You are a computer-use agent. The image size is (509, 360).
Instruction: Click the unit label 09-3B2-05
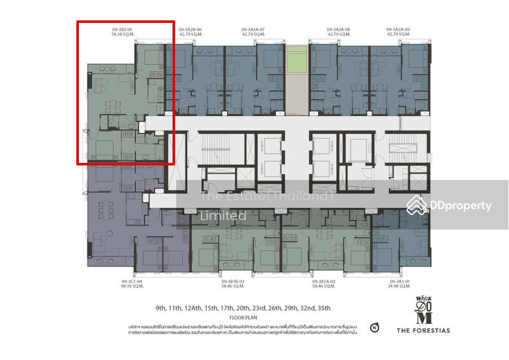click(x=122, y=29)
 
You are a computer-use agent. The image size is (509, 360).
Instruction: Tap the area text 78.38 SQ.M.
click(x=122, y=36)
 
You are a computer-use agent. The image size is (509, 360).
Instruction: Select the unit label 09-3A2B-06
click(x=190, y=29)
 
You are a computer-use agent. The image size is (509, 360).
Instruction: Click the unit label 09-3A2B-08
click(x=338, y=29)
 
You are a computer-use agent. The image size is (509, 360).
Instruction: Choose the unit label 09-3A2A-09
click(x=399, y=29)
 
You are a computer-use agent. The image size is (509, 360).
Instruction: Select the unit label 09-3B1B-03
click(x=233, y=280)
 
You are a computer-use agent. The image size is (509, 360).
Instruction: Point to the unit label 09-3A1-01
click(x=393, y=280)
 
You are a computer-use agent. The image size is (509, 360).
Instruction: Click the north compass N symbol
click(x=373, y=329)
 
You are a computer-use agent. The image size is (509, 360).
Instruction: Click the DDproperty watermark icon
click(x=417, y=205)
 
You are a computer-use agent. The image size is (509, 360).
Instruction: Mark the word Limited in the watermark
click(x=223, y=216)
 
